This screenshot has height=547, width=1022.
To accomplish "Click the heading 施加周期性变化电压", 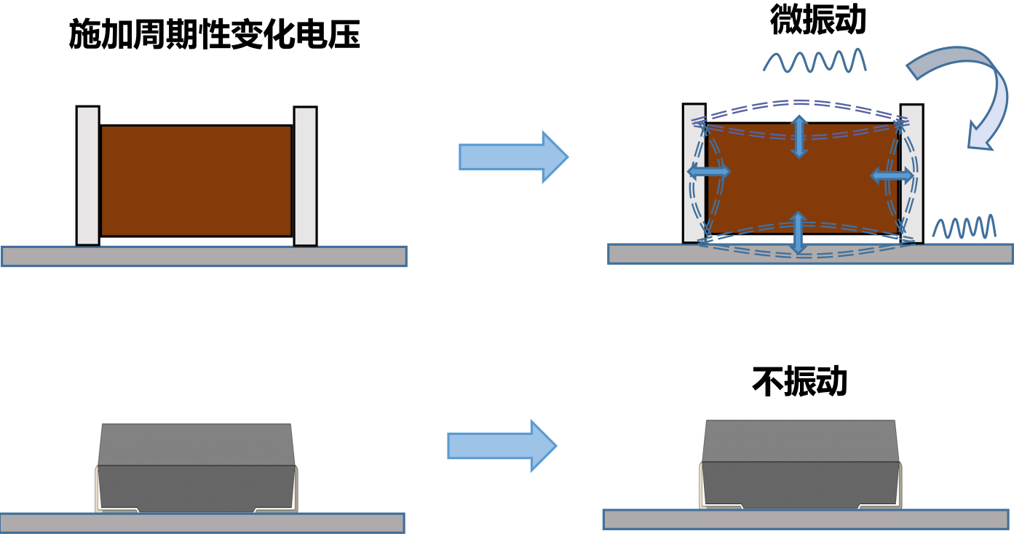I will [x=214, y=34].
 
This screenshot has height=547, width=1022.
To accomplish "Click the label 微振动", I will [x=817, y=20].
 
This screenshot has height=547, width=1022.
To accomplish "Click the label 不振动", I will [x=799, y=380].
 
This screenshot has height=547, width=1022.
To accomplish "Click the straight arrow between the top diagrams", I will [x=512, y=156].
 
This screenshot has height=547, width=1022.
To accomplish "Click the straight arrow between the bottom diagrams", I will [x=501, y=445].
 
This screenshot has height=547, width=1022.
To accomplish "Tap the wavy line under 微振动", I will [x=814, y=61].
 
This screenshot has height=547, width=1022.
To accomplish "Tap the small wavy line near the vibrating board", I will [x=964, y=227].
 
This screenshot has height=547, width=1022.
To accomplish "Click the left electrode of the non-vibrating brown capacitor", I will [x=87, y=175].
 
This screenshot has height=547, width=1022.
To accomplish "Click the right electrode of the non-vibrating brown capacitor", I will [x=305, y=176].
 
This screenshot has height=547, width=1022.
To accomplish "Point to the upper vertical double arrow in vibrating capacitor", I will [x=799, y=137].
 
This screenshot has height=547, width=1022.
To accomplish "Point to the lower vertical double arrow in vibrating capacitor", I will [x=799, y=232].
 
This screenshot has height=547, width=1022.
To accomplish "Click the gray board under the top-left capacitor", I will [x=204, y=256].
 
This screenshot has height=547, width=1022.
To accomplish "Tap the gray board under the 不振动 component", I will [x=805, y=519].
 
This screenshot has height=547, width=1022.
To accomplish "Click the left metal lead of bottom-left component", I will [x=98, y=491].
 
